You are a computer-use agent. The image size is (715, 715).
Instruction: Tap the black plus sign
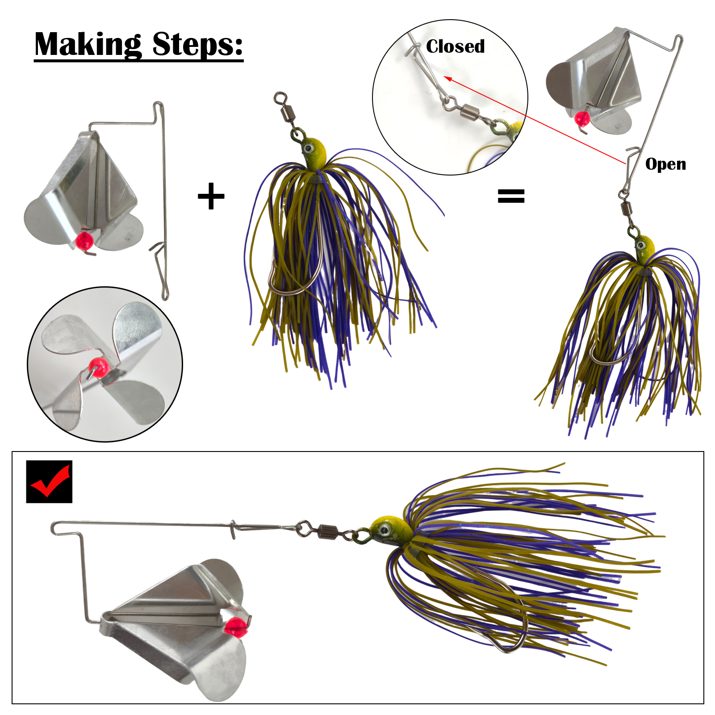pos(211,196)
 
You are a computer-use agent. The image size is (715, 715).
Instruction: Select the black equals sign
pos(511,196)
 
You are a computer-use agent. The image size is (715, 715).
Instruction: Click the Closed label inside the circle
pos(455,46)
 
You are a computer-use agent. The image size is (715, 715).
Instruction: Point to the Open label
pos(665,164)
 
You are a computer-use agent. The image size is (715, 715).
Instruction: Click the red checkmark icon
pos(49,482)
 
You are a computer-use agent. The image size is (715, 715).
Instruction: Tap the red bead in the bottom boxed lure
pos(235,627)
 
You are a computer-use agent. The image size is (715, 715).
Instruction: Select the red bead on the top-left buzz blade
pos(84,241)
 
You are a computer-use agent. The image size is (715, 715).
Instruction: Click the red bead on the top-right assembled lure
pos(582,119)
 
